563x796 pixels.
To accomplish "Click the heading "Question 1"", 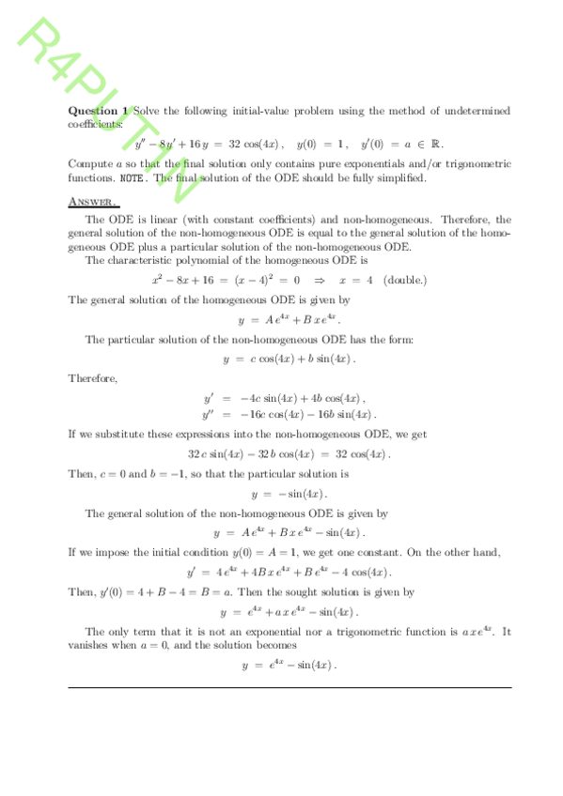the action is (99, 111).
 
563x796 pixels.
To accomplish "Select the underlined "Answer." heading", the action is (93, 201).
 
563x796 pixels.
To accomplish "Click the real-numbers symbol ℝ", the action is (435, 145).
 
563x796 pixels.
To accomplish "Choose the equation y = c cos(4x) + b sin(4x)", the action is (289, 359).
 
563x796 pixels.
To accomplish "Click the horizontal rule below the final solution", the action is (289, 687).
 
